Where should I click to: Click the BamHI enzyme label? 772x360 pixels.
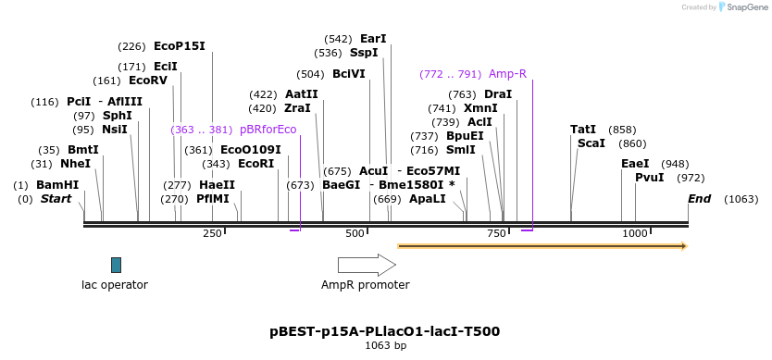57,185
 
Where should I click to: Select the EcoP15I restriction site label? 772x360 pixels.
180,46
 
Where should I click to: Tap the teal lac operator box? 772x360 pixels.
116,265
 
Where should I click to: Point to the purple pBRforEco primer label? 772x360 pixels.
268,130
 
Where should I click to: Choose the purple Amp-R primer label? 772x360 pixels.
507,74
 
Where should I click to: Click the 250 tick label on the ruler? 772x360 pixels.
212,233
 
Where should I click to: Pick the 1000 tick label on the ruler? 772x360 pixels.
635,233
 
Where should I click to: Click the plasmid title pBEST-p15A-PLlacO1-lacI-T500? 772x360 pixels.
385,330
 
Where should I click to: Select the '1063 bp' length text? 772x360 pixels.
385,345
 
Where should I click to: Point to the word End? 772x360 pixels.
700,199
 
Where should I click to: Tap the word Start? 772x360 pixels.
56,199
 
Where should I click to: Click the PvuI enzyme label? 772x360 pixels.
649,178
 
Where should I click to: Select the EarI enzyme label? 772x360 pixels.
373,39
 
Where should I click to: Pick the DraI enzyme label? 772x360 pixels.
498,94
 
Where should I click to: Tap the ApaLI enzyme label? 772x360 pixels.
427,199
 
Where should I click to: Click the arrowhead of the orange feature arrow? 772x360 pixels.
683,246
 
